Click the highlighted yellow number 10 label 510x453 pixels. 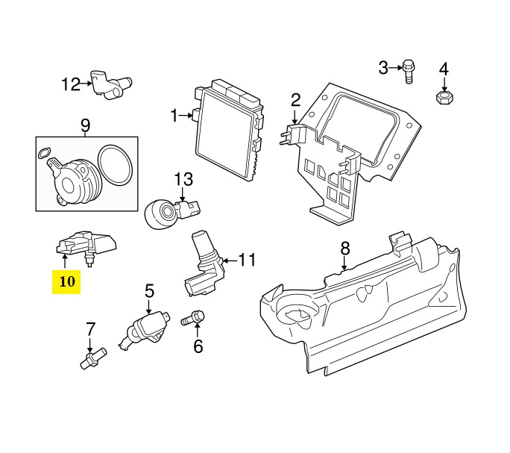tap(66, 281)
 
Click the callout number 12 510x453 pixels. tap(70, 84)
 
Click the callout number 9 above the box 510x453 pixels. tap(85, 124)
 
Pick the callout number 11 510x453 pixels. tap(247, 260)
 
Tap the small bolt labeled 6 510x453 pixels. tap(194, 319)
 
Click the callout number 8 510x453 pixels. tap(344, 247)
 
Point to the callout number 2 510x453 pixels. tap(295, 99)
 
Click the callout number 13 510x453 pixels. tap(183, 179)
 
